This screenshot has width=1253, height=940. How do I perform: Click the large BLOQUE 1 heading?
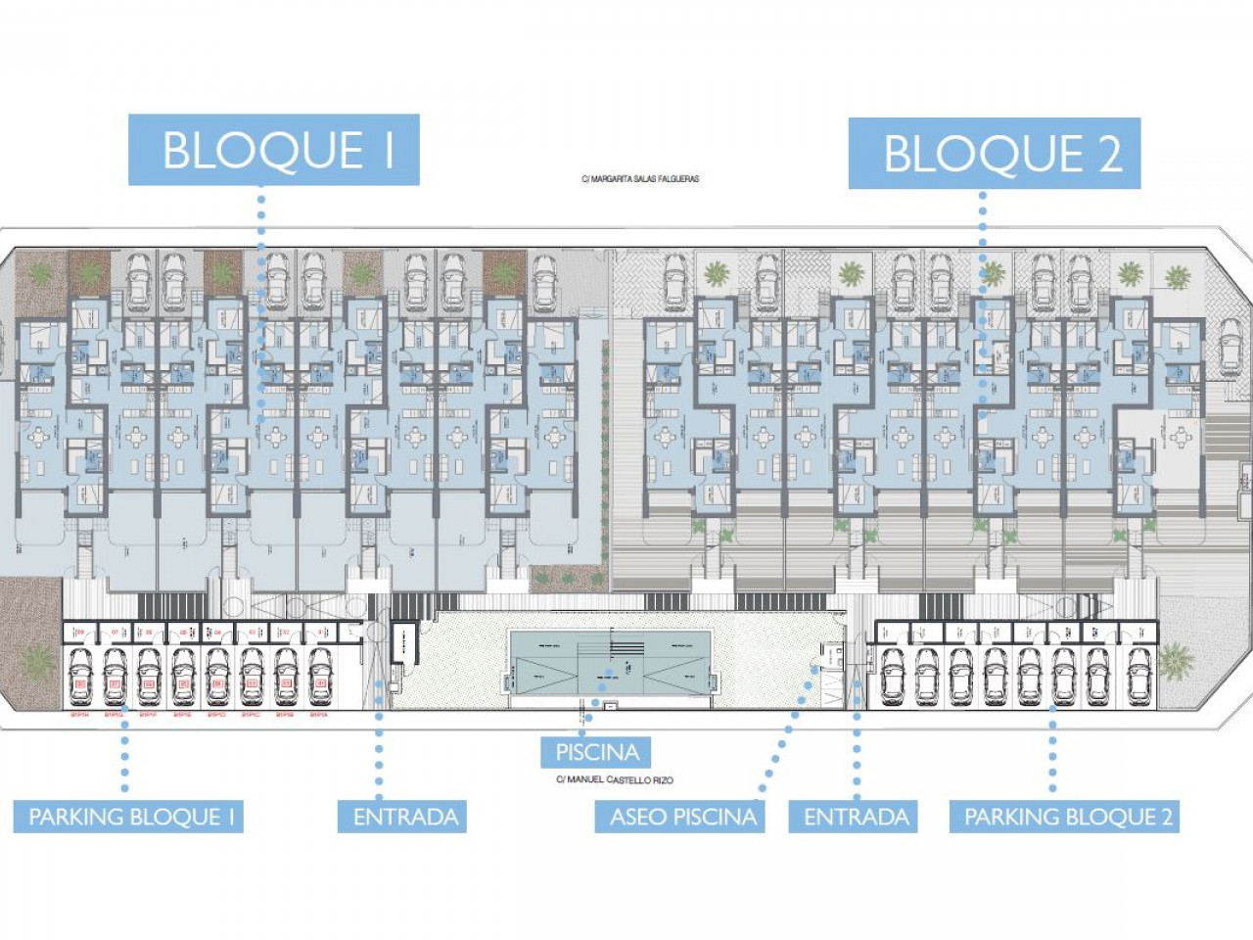[x=274, y=150]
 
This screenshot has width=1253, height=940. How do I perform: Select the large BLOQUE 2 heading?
[x=994, y=154]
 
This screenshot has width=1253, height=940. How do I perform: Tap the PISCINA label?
[x=596, y=752]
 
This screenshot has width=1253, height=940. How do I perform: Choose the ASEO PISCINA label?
[x=682, y=817]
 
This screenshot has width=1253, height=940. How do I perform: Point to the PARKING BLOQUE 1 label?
[x=128, y=817]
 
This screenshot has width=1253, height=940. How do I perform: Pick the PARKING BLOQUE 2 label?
[x=1064, y=817]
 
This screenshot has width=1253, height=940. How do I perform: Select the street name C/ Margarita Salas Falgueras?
[x=640, y=179]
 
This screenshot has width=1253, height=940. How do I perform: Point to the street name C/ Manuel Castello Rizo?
[x=614, y=780]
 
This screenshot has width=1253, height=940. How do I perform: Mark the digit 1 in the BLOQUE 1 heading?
[x=388, y=150]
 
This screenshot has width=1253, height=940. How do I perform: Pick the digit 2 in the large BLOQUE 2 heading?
[x=1108, y=155]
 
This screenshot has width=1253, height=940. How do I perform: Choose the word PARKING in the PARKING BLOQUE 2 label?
[x=1010, y=817]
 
